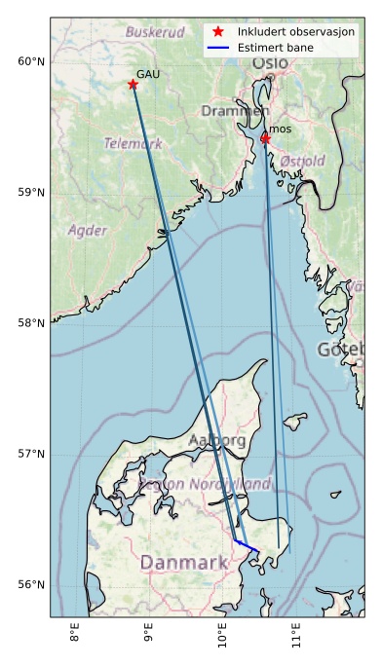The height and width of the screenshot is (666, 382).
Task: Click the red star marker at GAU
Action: click(133, 85)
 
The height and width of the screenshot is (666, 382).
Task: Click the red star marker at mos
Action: click(265, 138)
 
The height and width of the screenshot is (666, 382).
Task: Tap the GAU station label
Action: click(148, 74)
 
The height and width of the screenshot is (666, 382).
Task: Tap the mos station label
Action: click(280, 129)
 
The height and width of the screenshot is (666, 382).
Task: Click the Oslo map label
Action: click(270, 63)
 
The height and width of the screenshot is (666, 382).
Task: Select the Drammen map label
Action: click(235, 111)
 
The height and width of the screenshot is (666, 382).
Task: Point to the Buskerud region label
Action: click(155, 32)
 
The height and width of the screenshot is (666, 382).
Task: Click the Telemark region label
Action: click(133, 143)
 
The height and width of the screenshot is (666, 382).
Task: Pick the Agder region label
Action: click(87, 231)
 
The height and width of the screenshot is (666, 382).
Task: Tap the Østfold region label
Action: click(302, 161)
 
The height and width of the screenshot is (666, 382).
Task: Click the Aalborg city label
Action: click(217, 440)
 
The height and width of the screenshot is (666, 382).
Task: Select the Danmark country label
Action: click(183, 563)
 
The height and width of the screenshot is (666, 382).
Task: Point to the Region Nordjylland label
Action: click(205, 483)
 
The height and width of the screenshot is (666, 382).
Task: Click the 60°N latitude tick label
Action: click(31, 62)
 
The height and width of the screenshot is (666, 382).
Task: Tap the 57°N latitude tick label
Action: click(31, 454)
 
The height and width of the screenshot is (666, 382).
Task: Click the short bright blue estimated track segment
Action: click(247, 545)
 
